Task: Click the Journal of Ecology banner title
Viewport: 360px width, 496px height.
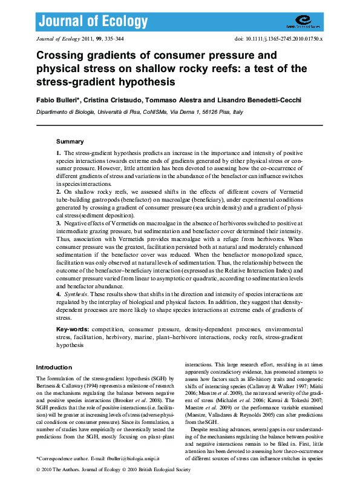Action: point(93,22)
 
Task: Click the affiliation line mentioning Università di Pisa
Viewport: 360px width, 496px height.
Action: point(139,112)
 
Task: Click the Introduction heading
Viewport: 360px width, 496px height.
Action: point(54,367)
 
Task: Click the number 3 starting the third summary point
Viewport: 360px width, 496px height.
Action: point(58,223)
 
